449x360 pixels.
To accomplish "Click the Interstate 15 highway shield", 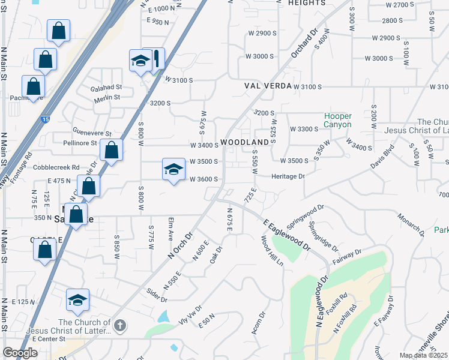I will coord(46,120).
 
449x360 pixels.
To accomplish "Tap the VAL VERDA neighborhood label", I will coord(267,86).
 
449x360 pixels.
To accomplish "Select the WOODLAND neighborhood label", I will coord(244,142).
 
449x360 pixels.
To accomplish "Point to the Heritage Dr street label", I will coord(288,176).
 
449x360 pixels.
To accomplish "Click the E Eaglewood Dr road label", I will coord(286,235).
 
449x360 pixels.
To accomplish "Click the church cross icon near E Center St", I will coord(120,326).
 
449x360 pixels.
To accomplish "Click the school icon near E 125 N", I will coord(77,300).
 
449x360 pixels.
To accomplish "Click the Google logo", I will coord(20,353).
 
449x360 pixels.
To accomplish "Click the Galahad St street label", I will coord(106,88).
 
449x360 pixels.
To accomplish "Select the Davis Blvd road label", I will coord(379,159).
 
